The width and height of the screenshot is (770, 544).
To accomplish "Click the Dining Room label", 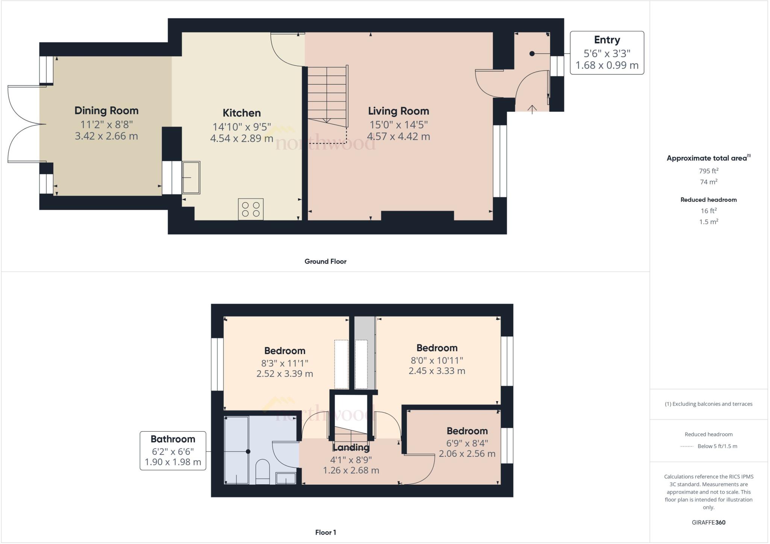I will point(106,111).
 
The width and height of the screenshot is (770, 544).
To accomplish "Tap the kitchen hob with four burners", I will point(251,209).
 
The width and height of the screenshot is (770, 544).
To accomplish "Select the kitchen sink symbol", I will point(191,177).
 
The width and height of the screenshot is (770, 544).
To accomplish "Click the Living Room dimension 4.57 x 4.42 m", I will point(398,136).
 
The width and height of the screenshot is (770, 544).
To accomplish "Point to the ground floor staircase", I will point(327,96).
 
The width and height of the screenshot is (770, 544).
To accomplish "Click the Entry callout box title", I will point(606,40).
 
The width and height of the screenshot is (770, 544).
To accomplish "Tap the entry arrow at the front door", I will point(532,109).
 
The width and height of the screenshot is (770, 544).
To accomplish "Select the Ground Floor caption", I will point(325,261).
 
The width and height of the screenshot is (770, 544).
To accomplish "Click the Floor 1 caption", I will point(325,532).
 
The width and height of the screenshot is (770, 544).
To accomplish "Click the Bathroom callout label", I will point(173,439).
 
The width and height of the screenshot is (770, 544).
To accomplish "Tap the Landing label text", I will point(351,447).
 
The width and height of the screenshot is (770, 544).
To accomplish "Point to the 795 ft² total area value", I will point(708,171).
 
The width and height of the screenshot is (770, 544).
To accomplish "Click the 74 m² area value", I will point(708,182).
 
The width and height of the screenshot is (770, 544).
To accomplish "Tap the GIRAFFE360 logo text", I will point(708,522).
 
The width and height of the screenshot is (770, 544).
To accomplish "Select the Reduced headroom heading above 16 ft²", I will point(708,200).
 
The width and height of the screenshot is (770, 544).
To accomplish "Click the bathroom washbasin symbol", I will point(286,478).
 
